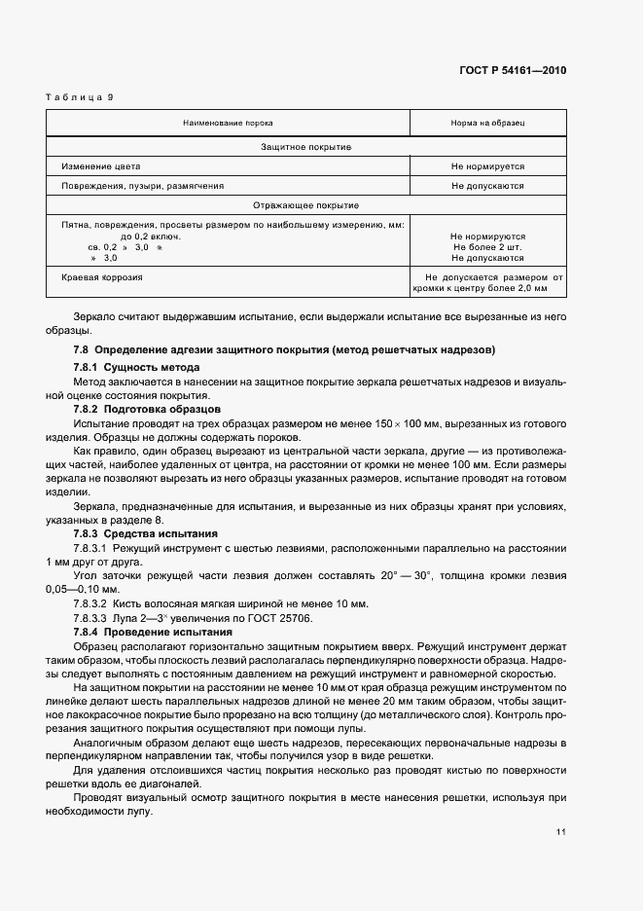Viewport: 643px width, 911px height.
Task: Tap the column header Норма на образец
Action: click(x=487, y=124)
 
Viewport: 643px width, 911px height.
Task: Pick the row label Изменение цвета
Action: click(x=94, y=165)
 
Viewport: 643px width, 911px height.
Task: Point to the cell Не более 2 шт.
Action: click(x=487, y=247)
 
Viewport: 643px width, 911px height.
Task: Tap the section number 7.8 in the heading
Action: click(x=82, y=348)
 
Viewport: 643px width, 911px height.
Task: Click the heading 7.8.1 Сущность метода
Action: click(x=136, y=367)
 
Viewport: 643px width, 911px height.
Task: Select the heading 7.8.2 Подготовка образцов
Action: click(x=147, y=410)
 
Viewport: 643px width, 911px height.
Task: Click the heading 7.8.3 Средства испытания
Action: click(x=145, y=534)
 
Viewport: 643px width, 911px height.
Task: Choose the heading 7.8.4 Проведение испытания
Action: click(x=149, y=632)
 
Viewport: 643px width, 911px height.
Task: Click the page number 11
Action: click(x=561, y=831)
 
